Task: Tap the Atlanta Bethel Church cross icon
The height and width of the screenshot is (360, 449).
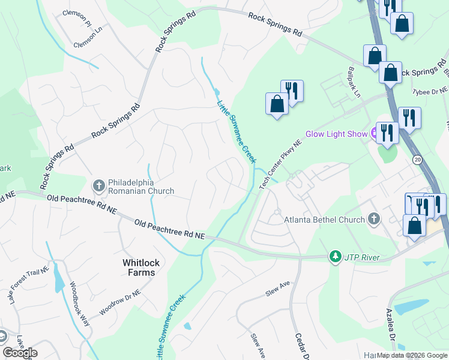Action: click(x=373, y=219)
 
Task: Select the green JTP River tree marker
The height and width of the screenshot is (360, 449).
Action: click(x=335, y=257)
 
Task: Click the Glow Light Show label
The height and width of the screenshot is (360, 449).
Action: click(x=336, y=134)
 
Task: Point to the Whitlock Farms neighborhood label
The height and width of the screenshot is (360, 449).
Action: click(x=139, y=268)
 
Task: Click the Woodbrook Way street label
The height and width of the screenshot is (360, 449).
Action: click(x=80, y=303)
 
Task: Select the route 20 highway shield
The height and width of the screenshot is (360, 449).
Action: click(x=417, y=160)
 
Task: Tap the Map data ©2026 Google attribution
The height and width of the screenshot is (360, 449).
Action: click(x=412, y=355)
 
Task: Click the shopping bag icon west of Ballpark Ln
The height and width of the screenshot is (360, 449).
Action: click(x=277, y=104)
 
